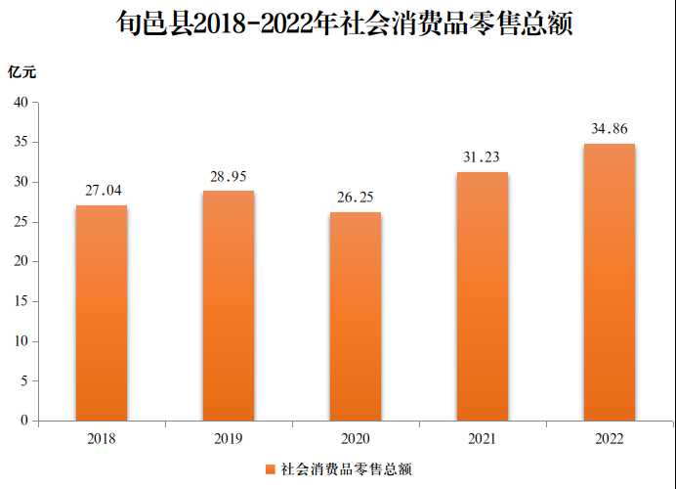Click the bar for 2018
point(102,313)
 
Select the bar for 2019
point(229,305)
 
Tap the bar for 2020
point(356,316)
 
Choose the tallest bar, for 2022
point(610,283)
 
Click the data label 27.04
point(103,191)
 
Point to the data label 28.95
point(230,176)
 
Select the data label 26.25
point(356,198)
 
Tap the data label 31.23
point(483,157)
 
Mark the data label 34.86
point(610,129)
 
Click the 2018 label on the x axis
point(102,439)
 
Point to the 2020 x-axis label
point(356,439)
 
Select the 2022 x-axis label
point(610,439)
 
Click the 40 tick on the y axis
point(20,103)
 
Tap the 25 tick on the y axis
point(20,222)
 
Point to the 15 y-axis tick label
point(20,301)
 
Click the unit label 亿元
point(22,71)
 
